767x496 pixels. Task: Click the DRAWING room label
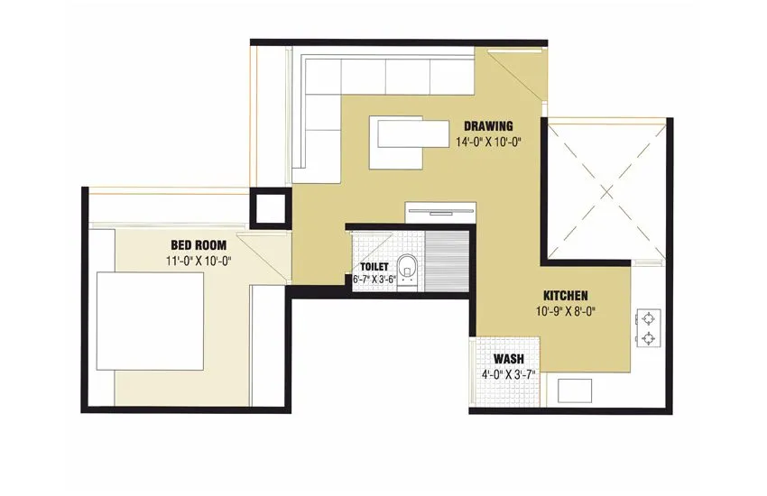[x=488, y=126]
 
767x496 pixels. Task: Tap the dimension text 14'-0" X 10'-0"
[x=489, y=142]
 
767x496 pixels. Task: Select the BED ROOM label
[x=199, y=245]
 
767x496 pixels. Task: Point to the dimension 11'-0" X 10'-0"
[x=199, y=262]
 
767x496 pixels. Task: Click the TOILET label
[x=374, y=268]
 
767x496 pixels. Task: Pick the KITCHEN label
[x=566, y=296]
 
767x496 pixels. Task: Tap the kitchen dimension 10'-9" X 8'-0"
[x=566, y=312]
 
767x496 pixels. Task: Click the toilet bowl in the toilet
[x=409, y=268]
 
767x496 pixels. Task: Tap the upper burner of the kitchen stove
[x=648, y=317]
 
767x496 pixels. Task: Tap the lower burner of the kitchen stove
[x=648, y=339]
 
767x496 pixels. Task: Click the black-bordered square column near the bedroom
[x=269, y=208]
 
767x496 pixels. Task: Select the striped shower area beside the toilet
[x=446, y=262]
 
